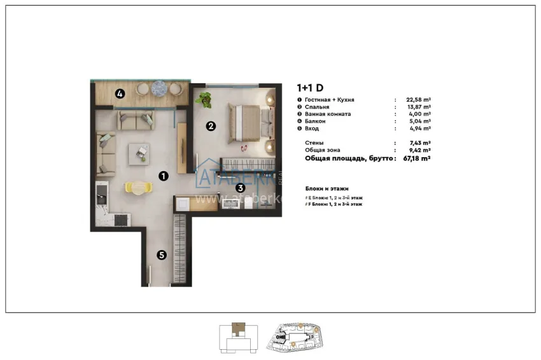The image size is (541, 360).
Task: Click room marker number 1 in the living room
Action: pos(163,176)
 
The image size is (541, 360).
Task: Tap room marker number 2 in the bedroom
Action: pos(211,126)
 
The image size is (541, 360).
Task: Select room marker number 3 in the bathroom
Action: pos(240,188)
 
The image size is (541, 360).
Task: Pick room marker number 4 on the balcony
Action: pos(120,94)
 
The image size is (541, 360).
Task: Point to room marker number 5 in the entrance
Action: pos(162,255)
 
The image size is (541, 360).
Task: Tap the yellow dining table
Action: pos(139,186)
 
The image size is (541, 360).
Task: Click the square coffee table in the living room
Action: pos(139,153)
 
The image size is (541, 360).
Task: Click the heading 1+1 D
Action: pos(310,88)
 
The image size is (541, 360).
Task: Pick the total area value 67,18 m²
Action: pos(416,158)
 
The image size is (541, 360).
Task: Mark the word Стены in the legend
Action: pos(314,144)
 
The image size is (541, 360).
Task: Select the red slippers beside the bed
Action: pos(244,148)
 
